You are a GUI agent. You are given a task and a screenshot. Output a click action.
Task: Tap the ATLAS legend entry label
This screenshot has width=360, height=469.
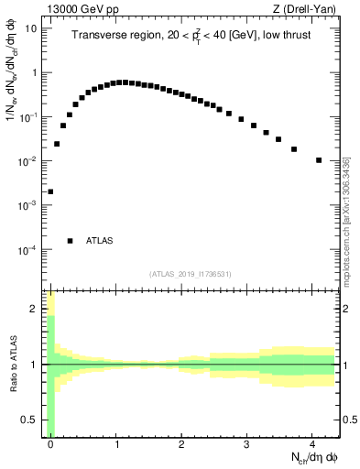tap(100, 241)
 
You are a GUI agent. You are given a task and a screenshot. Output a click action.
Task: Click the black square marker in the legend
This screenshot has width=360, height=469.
tap(70, 241)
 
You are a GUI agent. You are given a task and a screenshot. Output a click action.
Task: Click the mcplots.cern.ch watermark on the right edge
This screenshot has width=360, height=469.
tap(345, 220)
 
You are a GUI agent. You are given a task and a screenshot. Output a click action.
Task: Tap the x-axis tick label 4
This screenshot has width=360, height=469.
tap(312, 444)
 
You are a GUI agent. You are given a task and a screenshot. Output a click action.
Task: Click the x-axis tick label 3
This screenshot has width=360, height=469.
tap(247, 444)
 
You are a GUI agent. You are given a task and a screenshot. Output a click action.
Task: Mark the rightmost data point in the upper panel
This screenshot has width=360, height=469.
tap(319, 160)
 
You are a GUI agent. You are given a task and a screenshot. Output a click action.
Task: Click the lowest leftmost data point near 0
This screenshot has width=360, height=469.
tap(50, 191)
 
